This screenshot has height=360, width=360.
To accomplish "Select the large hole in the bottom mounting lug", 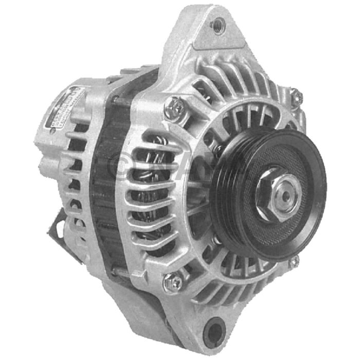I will coord(215,327).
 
